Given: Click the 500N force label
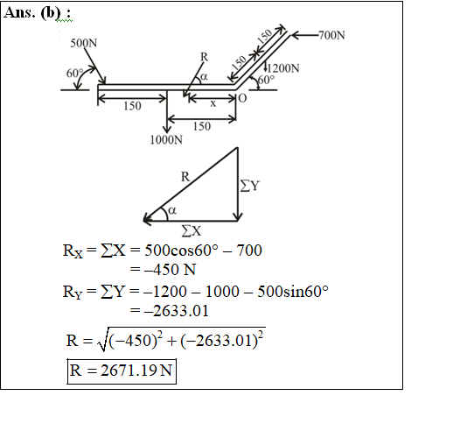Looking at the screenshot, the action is [84, 43].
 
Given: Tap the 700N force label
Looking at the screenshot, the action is [331, 35].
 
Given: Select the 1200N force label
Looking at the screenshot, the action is [283, 68].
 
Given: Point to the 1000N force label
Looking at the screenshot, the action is [166, 139].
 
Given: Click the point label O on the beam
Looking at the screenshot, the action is [242, 98].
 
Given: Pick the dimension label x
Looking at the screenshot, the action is [213, 104].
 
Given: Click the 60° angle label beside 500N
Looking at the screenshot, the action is [74, 74].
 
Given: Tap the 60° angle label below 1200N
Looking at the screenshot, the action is [267, 80].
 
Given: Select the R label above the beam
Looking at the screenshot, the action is [204, 57].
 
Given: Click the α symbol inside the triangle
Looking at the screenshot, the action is [172, 210].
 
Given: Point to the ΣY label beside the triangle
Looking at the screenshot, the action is [250, 185].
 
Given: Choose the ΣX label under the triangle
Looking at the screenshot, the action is [192, 231].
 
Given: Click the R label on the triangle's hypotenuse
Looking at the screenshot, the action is [185, 176].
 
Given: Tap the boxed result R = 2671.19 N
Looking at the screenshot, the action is [122, 371].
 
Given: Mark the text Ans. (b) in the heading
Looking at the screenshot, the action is [32, 13].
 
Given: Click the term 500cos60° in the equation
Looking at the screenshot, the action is [181, 250].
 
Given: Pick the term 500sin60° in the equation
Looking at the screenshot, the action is [293, 291].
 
